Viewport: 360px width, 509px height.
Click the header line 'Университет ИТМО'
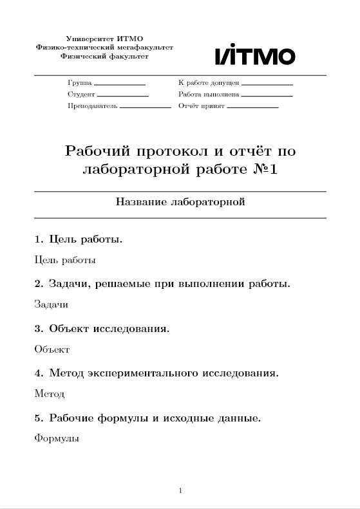(x=104, y=40)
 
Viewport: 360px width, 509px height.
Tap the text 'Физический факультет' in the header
(x=104, y=57)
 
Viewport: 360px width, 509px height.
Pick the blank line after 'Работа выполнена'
(x=267, y=96)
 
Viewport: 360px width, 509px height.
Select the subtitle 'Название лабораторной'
(x=180, y=202)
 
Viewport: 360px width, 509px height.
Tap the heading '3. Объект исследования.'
(x=102, y=329)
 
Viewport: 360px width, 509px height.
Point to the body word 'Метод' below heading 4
(x=49, y=394)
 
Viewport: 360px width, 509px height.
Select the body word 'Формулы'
(x=56, y=439)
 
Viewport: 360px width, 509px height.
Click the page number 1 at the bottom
(x=180, y=492)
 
